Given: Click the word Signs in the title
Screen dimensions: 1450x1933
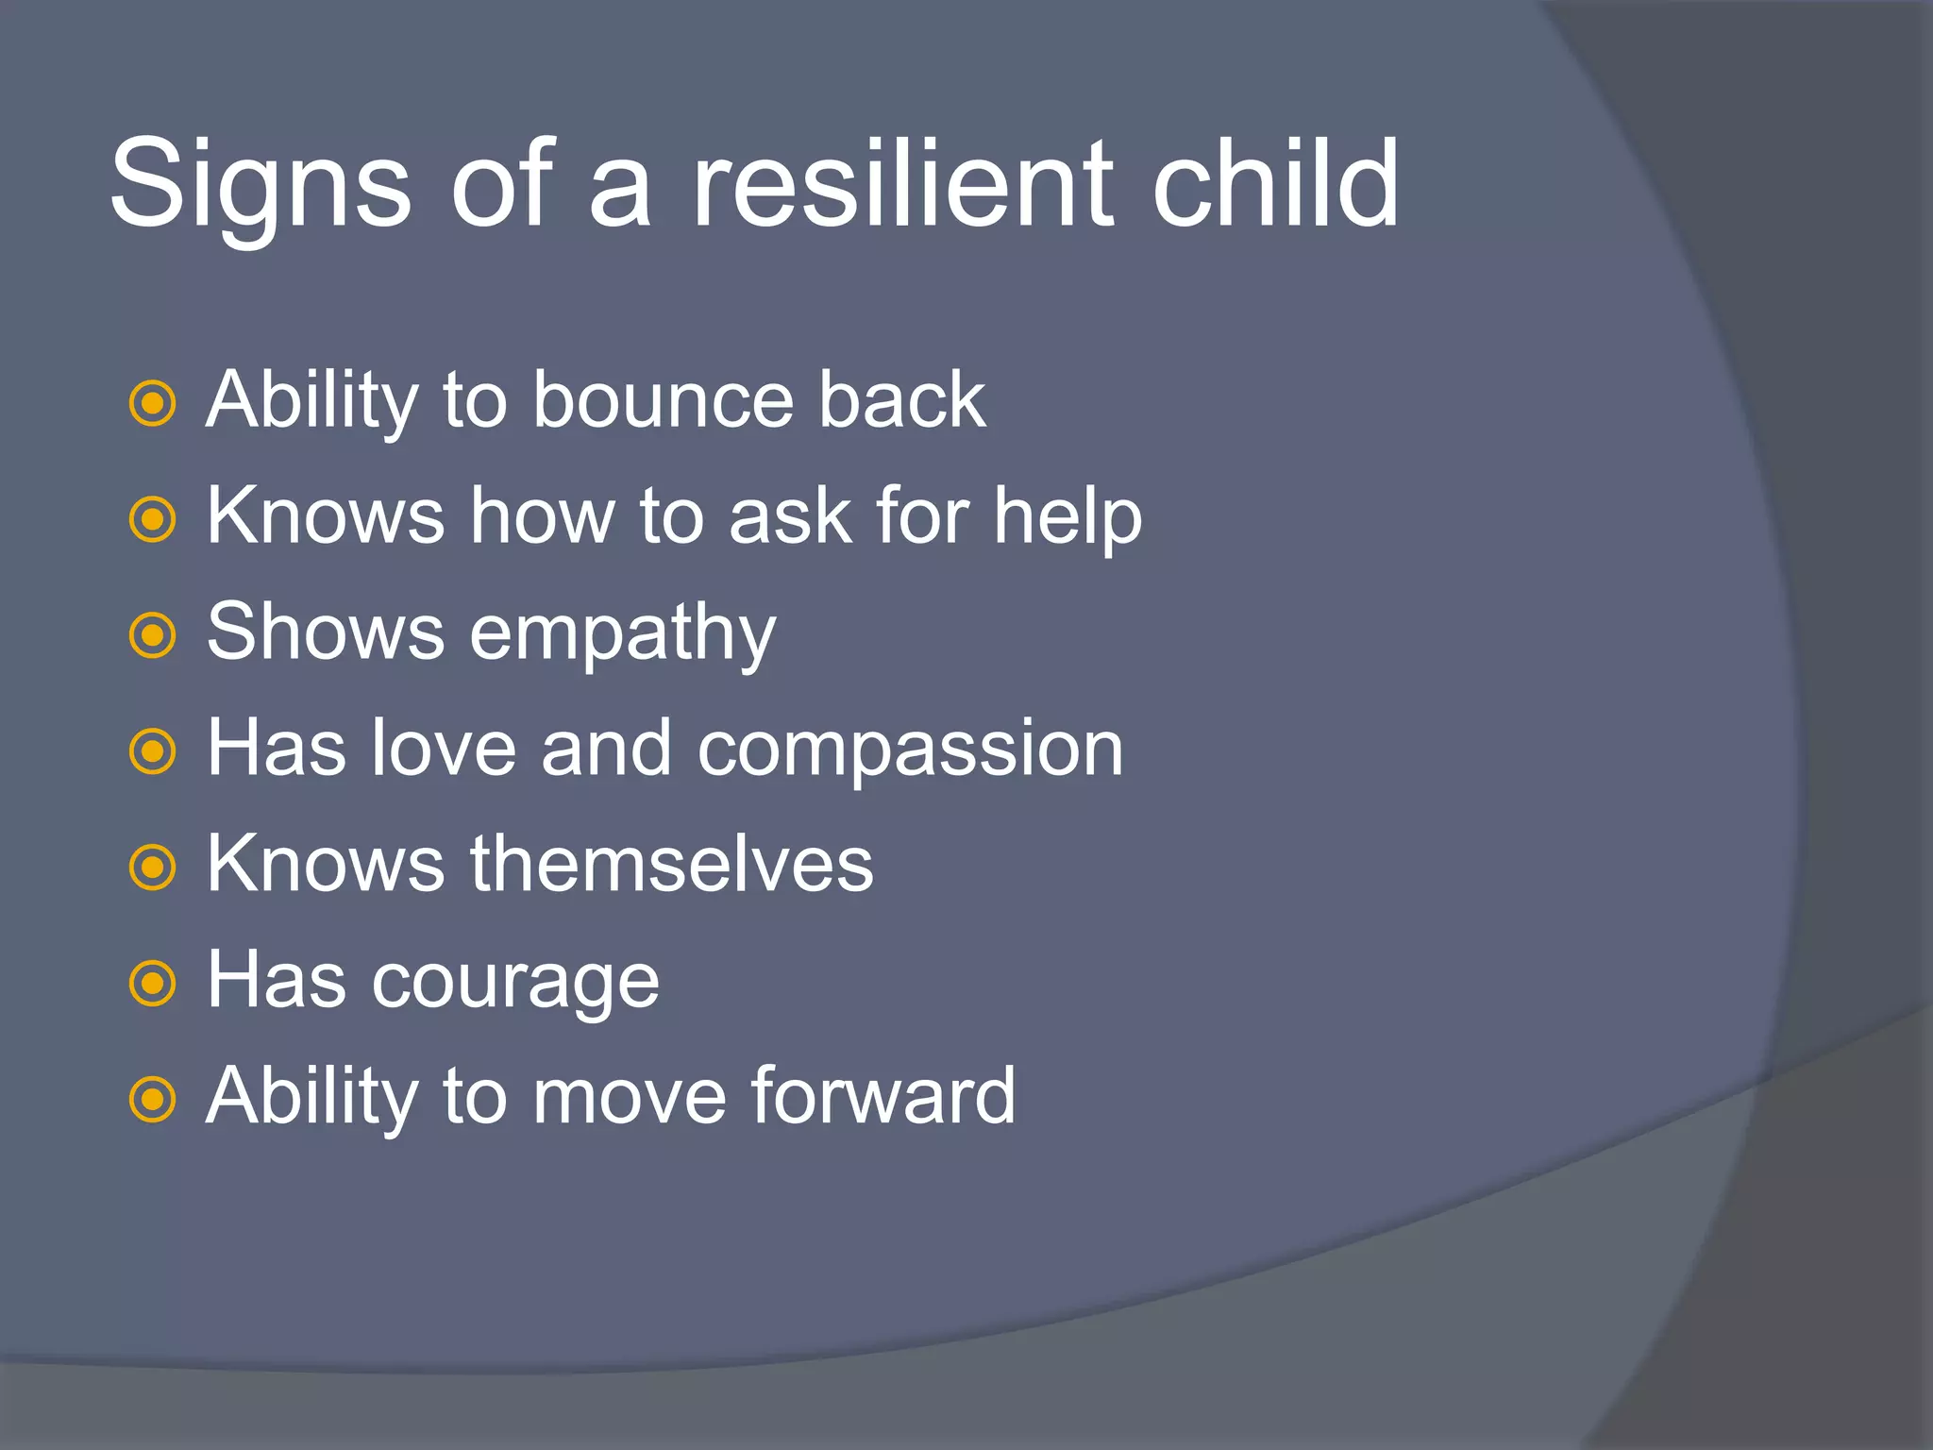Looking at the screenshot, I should point(261,184).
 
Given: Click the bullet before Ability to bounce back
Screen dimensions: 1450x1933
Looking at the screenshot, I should point(152,404).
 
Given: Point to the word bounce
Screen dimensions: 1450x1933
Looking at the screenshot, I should point(664,400).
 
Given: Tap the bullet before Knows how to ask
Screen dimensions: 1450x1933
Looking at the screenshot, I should point(152,520).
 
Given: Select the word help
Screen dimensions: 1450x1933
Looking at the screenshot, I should point(1067,518).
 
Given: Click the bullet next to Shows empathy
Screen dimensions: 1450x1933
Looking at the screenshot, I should point(152,636).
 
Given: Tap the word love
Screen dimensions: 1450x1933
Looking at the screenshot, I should point(444,748).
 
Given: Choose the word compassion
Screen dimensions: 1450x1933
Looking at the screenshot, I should point(910,750).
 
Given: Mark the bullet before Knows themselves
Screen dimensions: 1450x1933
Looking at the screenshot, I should point(152,868).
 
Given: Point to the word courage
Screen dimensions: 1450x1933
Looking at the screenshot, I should point(515,983).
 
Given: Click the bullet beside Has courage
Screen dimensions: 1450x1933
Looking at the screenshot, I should point(152,985).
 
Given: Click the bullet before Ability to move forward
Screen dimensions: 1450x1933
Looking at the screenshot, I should point(152,1100).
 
